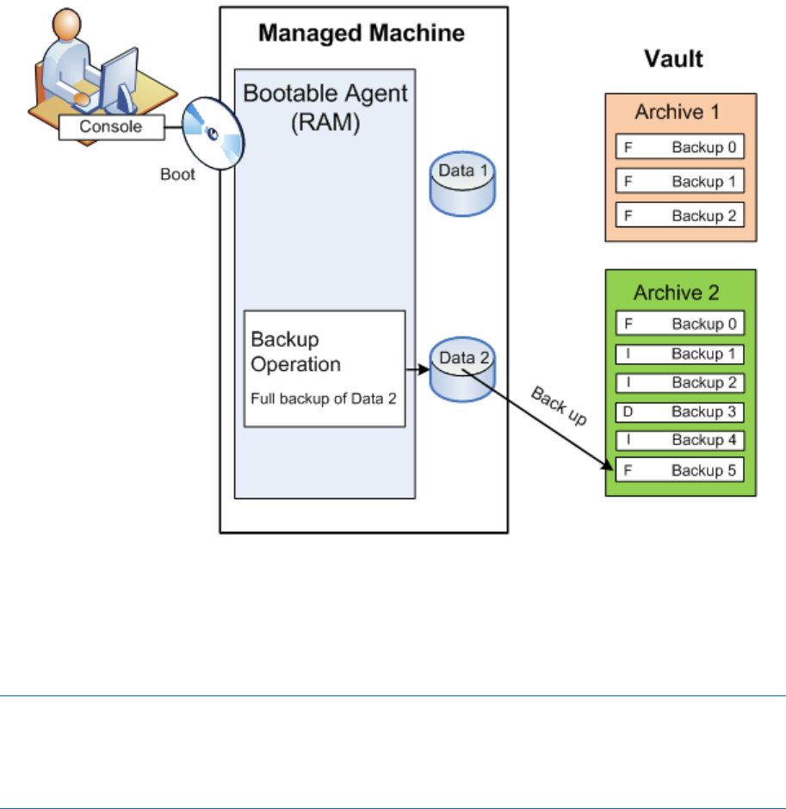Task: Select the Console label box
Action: pyautogui.click(x=111, y=127)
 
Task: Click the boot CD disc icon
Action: pyautogui.click(x=212, y=136)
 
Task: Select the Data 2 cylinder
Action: pyautogui.click(x=464, y=372)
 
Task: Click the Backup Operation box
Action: pyautogui.click(x=325, y=368)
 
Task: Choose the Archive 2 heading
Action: pyautogui.click(x=680, y=293)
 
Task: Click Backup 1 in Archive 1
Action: pyautogui.click(x=680, y=182)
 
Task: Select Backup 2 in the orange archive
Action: pyautogui.click(x=680, y=215)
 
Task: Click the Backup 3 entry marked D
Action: pyautogui.click(x=680, y=412)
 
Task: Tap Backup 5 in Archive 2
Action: pyautogui.click(x=680, y=471)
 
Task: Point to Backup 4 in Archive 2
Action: pyautogui.click(x=680, y=441)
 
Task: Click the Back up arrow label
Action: pyautogui.click(x=559, y=405)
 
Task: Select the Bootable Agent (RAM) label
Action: pyautogui.click(x=325, y=105)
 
